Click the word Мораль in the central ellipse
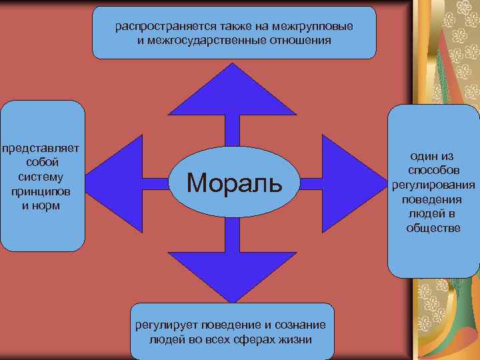pos(234,181)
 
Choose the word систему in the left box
pos(41,177)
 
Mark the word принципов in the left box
pos(41,191)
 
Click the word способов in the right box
pos(433,171)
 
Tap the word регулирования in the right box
pos(433,185)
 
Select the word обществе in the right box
pos(433,229)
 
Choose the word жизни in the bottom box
pos(293,339)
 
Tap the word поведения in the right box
pos(433,199)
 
